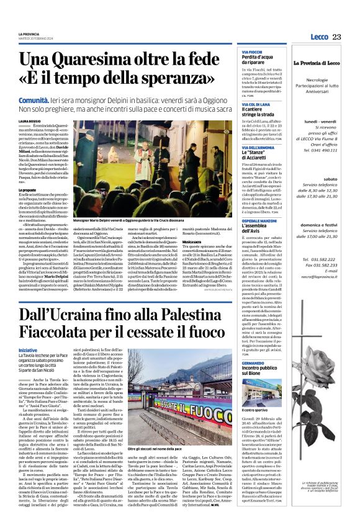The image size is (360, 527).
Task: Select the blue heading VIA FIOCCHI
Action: (x=254, y=53)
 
